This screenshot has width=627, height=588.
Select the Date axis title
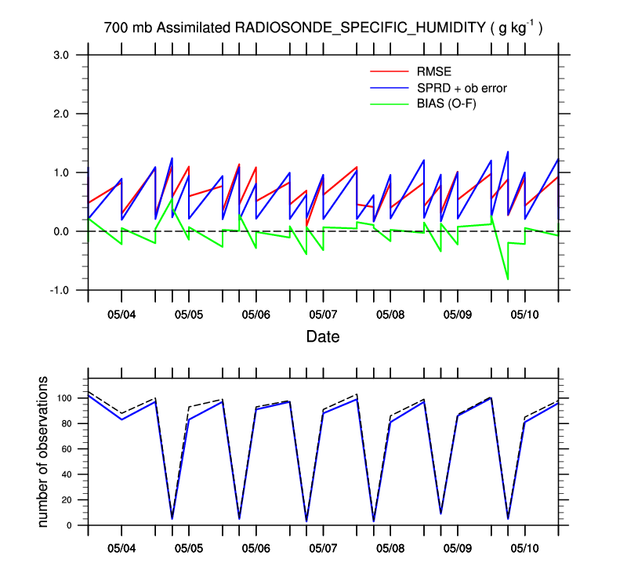tap(323, 337)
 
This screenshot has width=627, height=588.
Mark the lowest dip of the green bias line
tap(508, 279)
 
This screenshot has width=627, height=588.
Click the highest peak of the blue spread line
tap(508, 151)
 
